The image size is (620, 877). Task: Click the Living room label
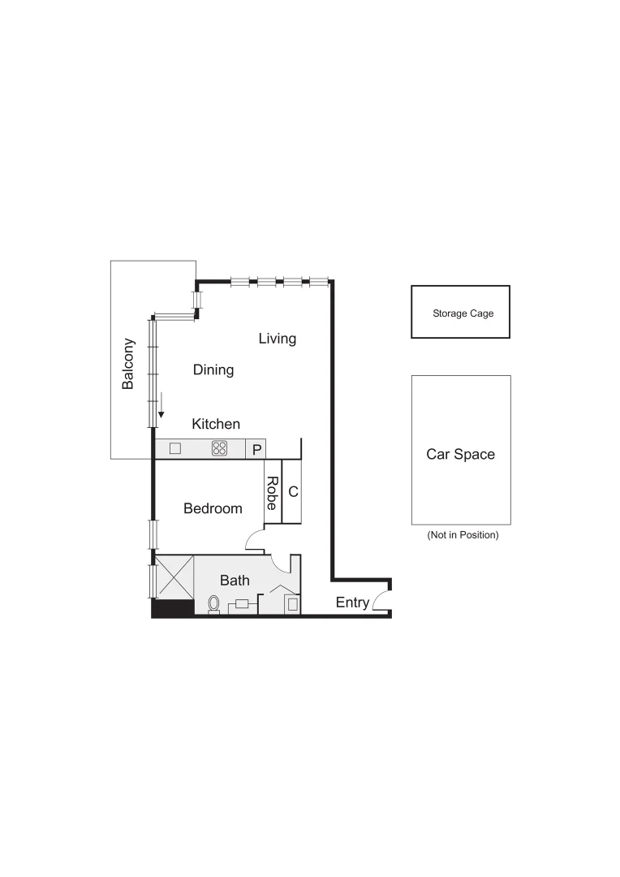(278, 339)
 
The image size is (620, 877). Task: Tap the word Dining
(213, 370)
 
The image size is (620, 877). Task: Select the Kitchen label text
(216, 424)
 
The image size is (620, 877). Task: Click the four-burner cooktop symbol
(220, 448)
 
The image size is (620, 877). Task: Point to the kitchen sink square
(175, 448)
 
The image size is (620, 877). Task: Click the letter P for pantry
(256, 449)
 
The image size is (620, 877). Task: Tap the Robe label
(273, 493)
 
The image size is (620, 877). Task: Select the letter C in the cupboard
(294, 492)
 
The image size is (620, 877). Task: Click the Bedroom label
(213, 509)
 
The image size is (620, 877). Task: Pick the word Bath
(235, 581)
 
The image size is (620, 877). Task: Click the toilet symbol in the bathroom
(214, 604)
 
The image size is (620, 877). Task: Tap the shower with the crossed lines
(174, 577)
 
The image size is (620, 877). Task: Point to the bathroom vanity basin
(242, 604)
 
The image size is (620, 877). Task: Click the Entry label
(352, 603)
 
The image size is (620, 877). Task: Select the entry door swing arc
(381, 600)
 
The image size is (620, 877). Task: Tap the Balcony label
(128, 364)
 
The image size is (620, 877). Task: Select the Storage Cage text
(463, 313)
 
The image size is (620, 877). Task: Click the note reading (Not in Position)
(463, 536)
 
